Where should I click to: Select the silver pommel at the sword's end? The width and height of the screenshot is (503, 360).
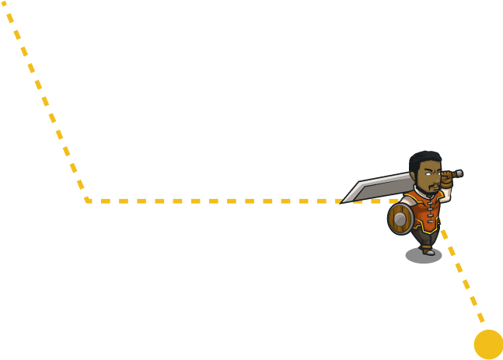tap(459, 173)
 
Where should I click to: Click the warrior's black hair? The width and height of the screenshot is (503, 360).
tap(424, 159)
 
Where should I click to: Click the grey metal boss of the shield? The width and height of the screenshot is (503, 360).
tap(400, 220)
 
